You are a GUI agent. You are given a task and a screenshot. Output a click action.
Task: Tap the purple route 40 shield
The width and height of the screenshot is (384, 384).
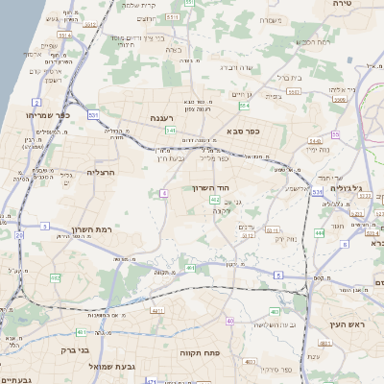pyautogui.click(x=229, y=321)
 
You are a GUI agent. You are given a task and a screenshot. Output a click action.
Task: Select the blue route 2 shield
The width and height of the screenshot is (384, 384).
pyautogui.click(x=36, y=101)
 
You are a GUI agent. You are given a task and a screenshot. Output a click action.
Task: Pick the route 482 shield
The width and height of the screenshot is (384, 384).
pyautogui.click(x=55, y=277)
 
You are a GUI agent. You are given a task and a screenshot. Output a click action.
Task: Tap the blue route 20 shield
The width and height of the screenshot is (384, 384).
pyautogui.click(x=19, y=234)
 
